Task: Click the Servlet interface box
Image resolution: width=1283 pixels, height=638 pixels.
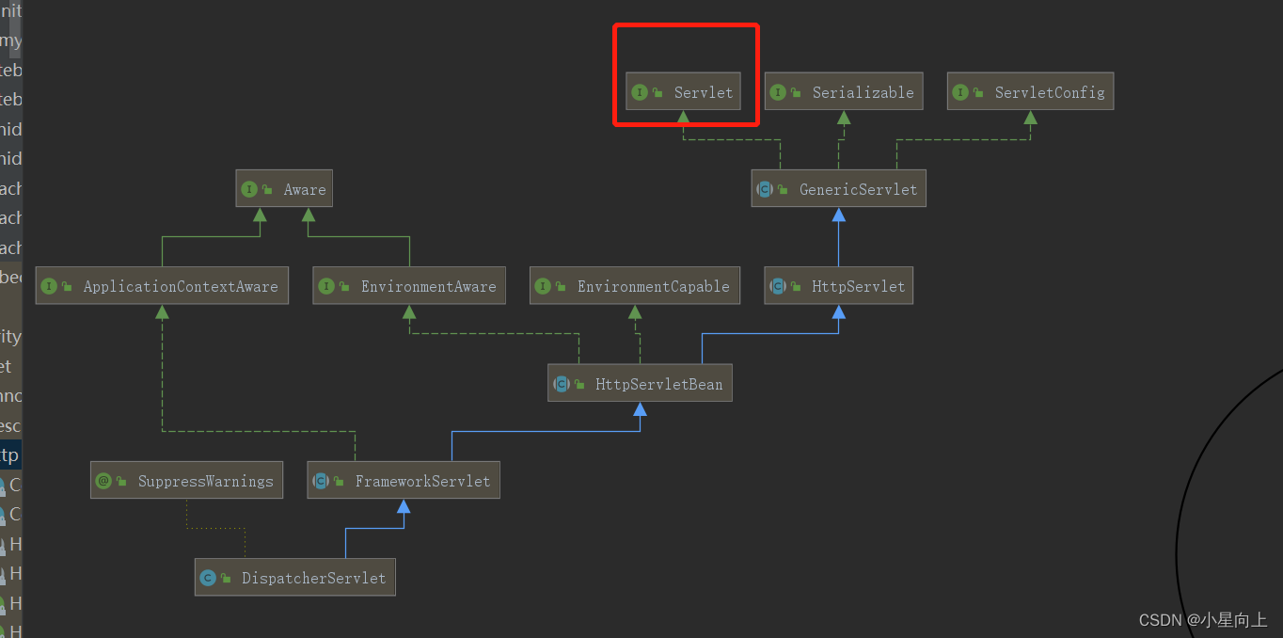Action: point(683,92)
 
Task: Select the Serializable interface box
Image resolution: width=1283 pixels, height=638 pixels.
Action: point(842,92)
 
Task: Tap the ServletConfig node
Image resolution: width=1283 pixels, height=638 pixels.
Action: point(1030,92)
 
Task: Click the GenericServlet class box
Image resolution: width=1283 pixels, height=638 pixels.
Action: point(839,189)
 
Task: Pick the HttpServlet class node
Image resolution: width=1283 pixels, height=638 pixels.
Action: point(839,286)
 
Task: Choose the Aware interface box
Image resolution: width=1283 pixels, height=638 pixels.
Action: point(284,189)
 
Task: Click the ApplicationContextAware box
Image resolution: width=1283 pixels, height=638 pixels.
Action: point(162,286)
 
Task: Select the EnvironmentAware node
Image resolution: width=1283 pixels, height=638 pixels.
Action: point(409,286)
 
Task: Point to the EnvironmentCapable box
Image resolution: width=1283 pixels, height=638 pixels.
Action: point(635,286)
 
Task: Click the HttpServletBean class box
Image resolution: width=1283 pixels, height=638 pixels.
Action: point(640,384)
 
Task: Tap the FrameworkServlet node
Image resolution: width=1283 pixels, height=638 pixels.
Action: point(404,481)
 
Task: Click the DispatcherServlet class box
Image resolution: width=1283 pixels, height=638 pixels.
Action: point(295,578)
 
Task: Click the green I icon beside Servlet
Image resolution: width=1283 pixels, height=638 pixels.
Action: point(640,92)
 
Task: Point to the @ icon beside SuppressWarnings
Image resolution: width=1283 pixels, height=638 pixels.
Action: point(103,481)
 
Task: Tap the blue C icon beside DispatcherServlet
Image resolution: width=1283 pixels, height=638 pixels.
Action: point(208,578)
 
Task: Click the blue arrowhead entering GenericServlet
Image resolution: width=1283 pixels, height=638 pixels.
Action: point(839,215)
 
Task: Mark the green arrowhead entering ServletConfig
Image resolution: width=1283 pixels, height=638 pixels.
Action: point(1030,118)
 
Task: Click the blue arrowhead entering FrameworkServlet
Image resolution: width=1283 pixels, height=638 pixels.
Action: point(404,506)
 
